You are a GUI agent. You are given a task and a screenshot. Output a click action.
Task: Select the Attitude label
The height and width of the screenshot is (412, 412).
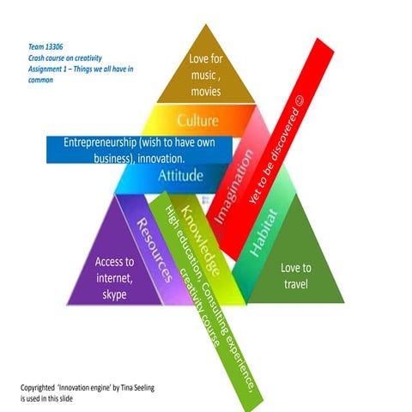[180, 175]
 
